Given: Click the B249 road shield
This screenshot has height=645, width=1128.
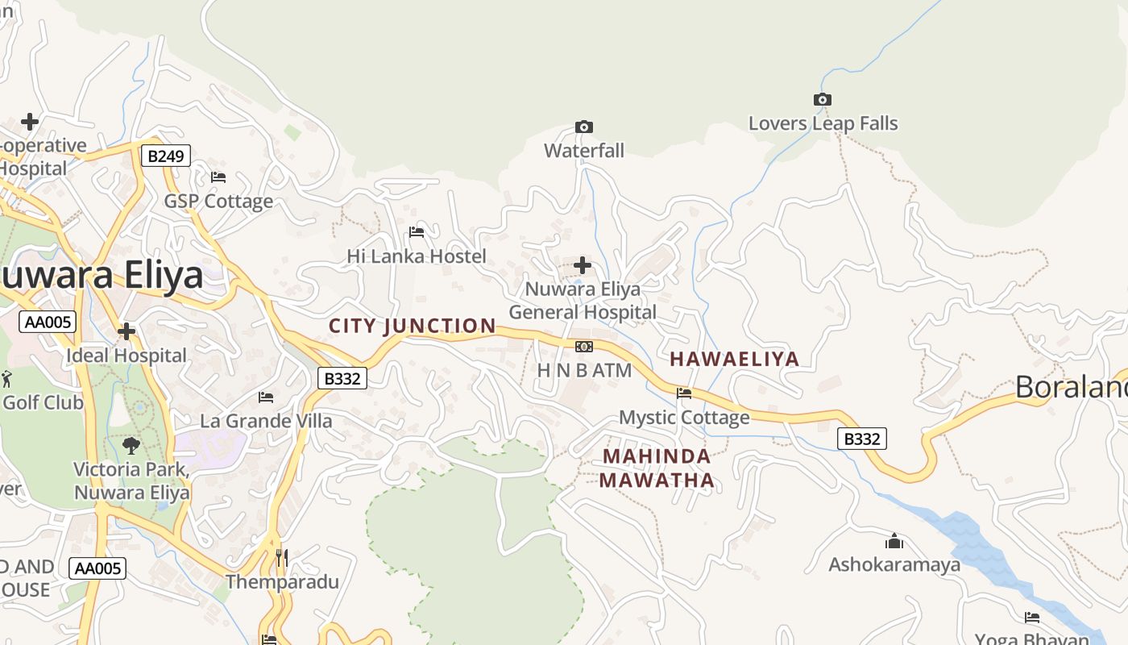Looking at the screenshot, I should pyautogui.click(x=166, y=156).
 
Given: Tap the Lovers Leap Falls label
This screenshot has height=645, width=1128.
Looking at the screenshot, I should pyautogui.click(x=823, y=123).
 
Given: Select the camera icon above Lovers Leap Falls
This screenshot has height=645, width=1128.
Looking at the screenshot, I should pyautogui.click(x=822, y=100).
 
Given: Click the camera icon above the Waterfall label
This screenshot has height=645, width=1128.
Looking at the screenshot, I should pyautogui.click(x=584, y=127).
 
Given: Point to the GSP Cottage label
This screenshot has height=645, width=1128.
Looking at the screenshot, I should pyautogui.click(x=218, y=201).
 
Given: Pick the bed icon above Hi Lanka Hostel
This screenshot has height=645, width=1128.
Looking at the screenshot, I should pyautogui.click(x=417, y=232).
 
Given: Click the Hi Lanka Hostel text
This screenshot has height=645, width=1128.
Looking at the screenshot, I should pyautogui.click(x=417, y=256).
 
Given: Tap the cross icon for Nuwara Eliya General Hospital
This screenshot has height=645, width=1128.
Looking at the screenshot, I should pyautogui.click(x=583, y=265).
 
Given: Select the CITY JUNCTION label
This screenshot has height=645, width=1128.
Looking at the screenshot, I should pyautogui.click(x=413, y=326).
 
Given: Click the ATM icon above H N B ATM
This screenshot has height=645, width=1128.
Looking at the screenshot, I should pyautogui.click(x=584, y=347).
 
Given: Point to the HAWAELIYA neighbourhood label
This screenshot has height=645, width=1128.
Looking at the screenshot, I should pyautogui.click(x=735, y=359).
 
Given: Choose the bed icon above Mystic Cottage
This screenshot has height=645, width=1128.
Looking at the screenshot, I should pyautogui.click(x=684, y=393).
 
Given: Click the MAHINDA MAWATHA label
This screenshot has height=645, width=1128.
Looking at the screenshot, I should pyautogui.click(x=657, y=468).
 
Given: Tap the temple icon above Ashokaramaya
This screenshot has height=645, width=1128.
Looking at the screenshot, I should pyautogui.click(x=894, y=541).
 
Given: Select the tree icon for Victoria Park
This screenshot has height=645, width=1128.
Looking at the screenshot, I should pyautogui.click(x=131, y=445).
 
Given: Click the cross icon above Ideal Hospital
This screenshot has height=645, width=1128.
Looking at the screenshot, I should pyautogui.click(x=126, y=331).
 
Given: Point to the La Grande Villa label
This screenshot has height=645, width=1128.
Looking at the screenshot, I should pyautogui.click(x=266, y=421).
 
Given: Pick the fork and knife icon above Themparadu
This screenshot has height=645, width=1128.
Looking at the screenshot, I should pyautogui.click(x=281, y=557).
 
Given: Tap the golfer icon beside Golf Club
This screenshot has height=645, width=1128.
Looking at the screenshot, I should pyautogui.click(x=6, y=378).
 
